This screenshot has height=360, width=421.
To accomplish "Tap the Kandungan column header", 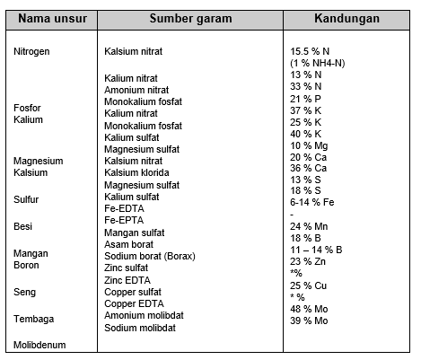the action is (x=346, y=18).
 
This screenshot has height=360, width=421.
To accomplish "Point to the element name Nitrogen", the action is (x=32, y=52).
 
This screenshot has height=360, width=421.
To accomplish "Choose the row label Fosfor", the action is (x=28, y=108).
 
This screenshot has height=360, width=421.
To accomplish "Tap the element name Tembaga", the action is (x=33, y=318).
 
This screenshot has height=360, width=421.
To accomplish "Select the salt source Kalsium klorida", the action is (x=136, y=172).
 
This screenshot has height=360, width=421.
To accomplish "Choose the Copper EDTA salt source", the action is (x=134, y=304).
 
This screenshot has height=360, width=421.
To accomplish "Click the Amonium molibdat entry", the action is (x=144, y=316).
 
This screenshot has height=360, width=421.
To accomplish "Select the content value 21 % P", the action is (x=307, y=98).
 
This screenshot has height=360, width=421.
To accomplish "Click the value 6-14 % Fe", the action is (x=314, y=203).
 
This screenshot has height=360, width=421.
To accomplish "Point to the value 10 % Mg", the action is (x=310, y=145).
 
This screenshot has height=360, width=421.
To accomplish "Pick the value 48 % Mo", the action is (x=310, y=309).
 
